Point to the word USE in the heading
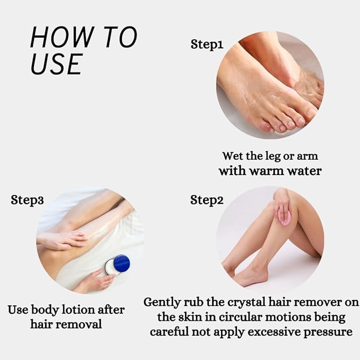(x=56, y=64)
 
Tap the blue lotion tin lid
(x=121, y=264)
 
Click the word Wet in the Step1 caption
(x=232, y=156)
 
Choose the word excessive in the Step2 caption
(x=280, y=332)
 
